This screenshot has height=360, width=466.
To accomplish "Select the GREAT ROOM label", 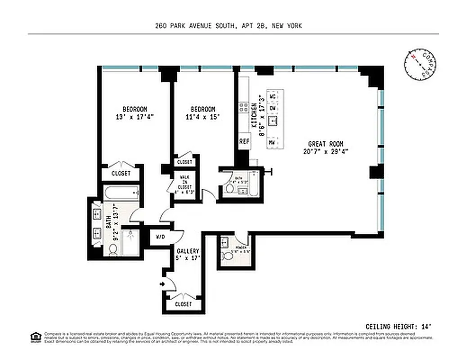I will (x=326, y=144).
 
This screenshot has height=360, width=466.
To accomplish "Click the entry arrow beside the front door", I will (x=161, y=284).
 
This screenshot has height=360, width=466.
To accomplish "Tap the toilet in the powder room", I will (x=227, y=256).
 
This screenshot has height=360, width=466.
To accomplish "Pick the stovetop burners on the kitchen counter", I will (x=244, y=107).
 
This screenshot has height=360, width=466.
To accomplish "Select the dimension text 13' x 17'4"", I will (x=135, y=117).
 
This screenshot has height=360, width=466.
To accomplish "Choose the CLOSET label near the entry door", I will (x=184, y=304).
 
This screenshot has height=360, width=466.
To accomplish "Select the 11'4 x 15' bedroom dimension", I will (x=202, y=117).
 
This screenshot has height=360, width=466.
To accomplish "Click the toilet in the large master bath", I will (x=112, y=251).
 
